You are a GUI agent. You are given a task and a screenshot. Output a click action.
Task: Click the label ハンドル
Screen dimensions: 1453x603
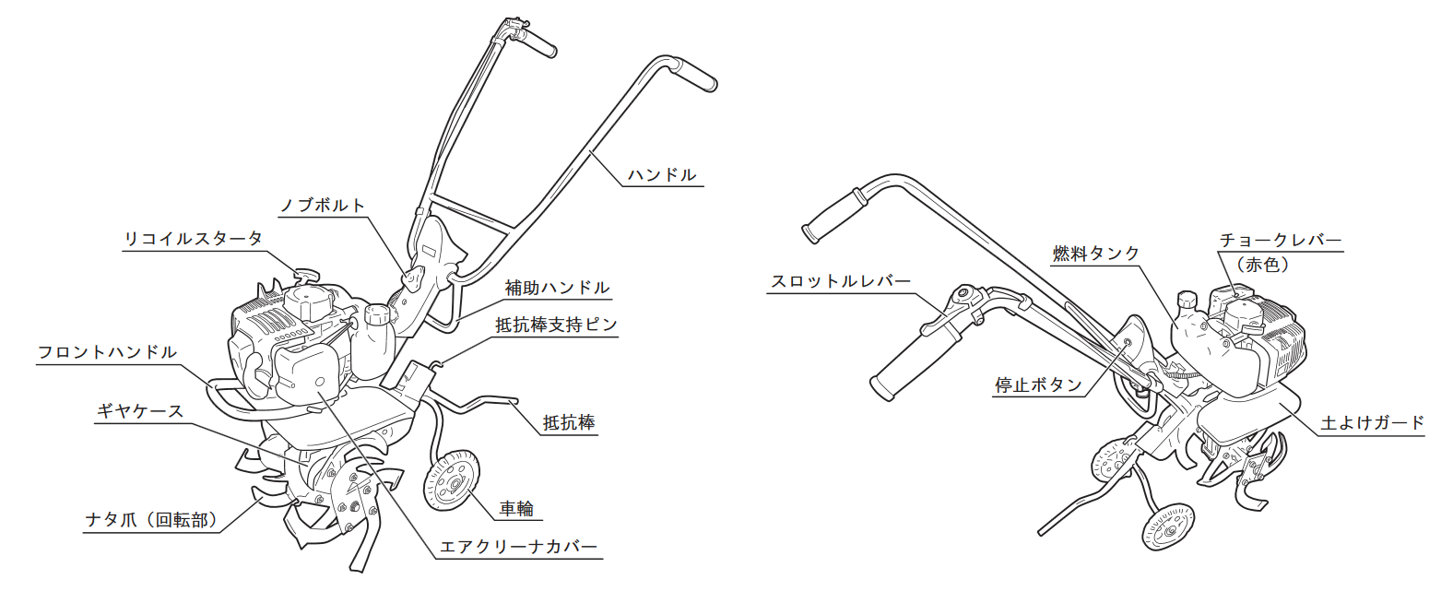pos(662,175)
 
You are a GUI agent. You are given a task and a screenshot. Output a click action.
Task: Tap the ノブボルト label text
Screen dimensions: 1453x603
pos(323,206)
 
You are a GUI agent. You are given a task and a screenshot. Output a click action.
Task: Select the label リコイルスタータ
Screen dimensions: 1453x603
pos(194,239)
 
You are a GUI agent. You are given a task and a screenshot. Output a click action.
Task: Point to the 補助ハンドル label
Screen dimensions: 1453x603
pos(557,288)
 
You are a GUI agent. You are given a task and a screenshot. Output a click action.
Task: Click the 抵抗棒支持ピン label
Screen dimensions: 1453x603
pos(557,325)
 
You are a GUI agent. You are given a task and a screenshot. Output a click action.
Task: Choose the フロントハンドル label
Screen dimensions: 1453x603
pos(107,352)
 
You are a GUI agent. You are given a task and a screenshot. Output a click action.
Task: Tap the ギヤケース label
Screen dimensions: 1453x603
pos(140,411)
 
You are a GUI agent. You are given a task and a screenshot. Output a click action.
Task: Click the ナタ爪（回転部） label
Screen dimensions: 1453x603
pos(151,520)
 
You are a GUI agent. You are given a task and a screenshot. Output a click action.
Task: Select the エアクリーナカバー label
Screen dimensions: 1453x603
pos(518,547)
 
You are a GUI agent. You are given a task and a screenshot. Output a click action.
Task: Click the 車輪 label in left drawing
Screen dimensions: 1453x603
pos(516,509)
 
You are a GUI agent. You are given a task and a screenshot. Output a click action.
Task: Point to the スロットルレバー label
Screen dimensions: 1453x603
pos(841,281)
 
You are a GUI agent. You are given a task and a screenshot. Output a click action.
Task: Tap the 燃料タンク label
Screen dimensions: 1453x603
pos(1095,254)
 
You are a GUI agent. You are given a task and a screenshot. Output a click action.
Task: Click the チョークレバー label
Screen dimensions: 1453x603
pos(1281,241)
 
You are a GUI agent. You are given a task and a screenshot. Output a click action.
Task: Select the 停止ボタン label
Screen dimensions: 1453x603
pos(1038,385)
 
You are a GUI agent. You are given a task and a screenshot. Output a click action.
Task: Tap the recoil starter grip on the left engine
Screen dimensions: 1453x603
pos(306,275)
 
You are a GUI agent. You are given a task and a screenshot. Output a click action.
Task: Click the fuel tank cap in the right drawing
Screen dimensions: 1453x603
pos(1187,301)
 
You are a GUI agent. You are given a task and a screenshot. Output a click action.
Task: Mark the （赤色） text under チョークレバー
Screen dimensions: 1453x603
pos(1262,265)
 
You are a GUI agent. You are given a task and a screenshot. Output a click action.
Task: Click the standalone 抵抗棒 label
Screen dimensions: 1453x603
pos(569,423)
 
